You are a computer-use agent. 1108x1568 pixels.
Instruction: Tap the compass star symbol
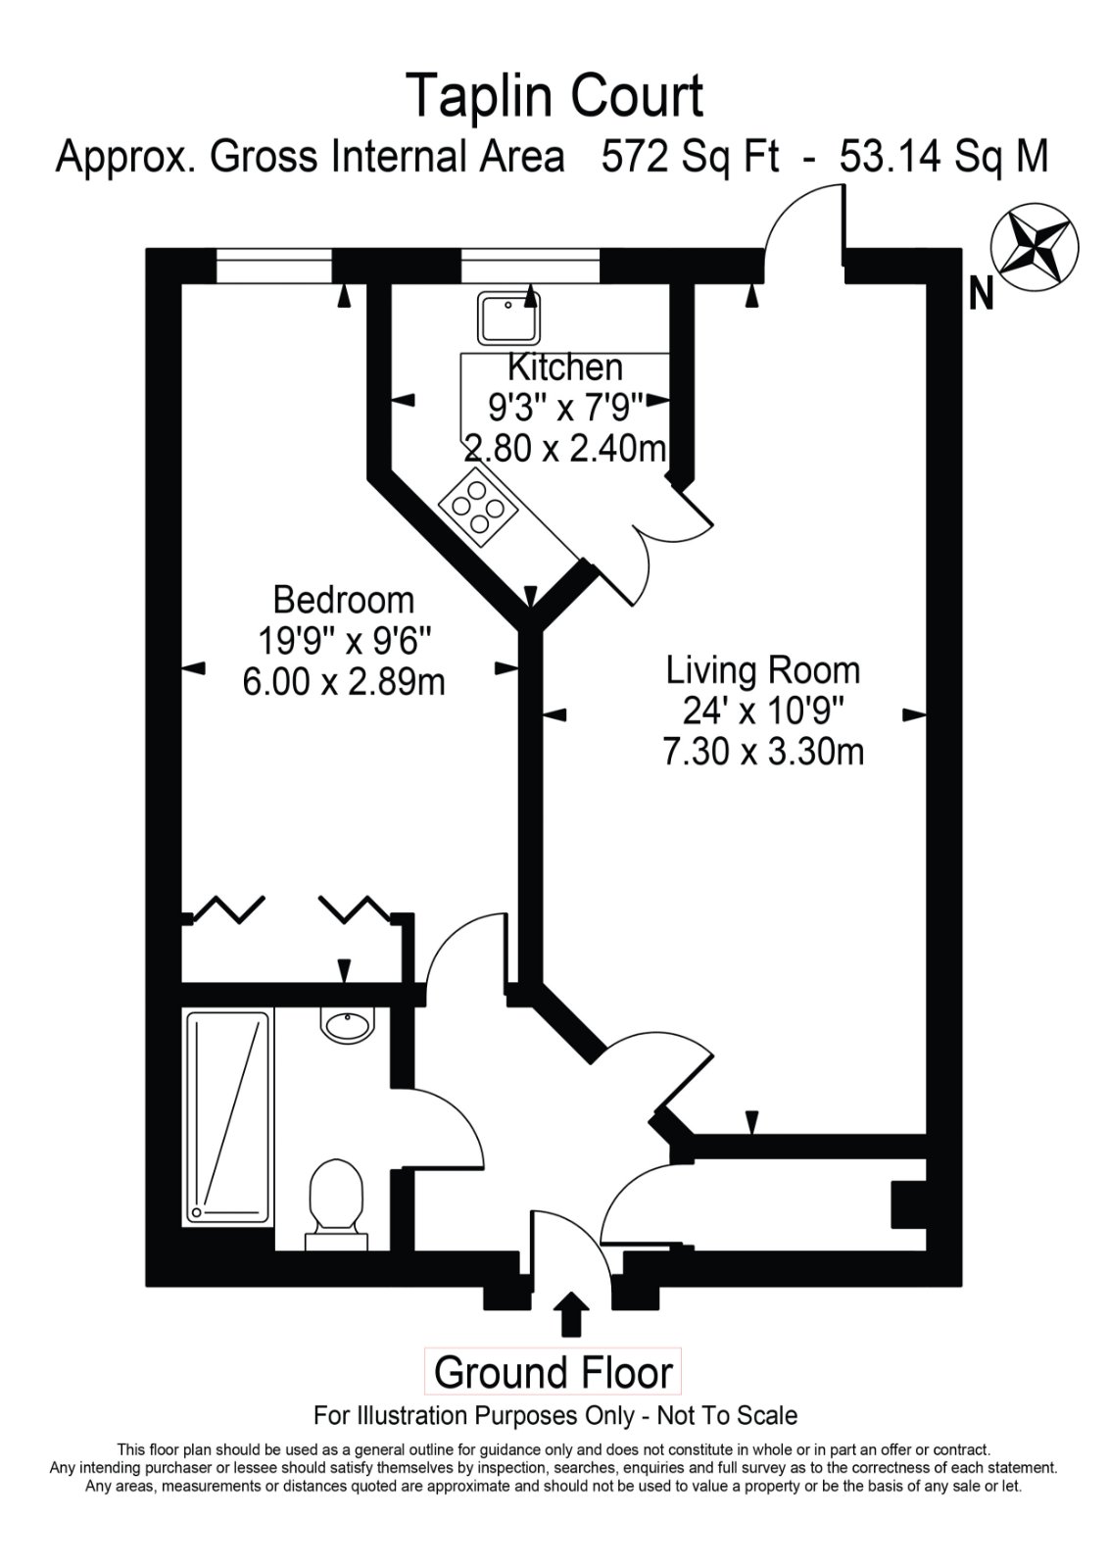pyautogui.click(x=1036, y=246)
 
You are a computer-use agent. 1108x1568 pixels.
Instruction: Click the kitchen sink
pyautogui.click(x=509, y=318)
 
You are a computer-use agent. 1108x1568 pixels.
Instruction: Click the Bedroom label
pyautogui.click(x=344, y=601)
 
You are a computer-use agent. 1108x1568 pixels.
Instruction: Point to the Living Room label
pyautogui.click(x=763, y=670)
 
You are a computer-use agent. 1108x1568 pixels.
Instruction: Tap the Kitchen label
pyautogui.click(x=565, y=367)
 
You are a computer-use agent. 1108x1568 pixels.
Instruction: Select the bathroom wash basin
pyautogui.click(x=347, y=1025)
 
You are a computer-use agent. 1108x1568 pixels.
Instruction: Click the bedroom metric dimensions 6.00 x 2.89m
pyautogui.click(x=344, y=682)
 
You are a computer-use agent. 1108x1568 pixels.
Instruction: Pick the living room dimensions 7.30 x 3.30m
pyautogui.click(x=763, y=753)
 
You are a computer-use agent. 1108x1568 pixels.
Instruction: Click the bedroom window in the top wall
pyautogui.click(x=273, y=266)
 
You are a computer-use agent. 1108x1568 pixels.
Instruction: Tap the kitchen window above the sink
pyautogui.click(x=530, y=266)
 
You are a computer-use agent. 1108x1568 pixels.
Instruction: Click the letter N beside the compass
pyautogui.click(x=982, y=293)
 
